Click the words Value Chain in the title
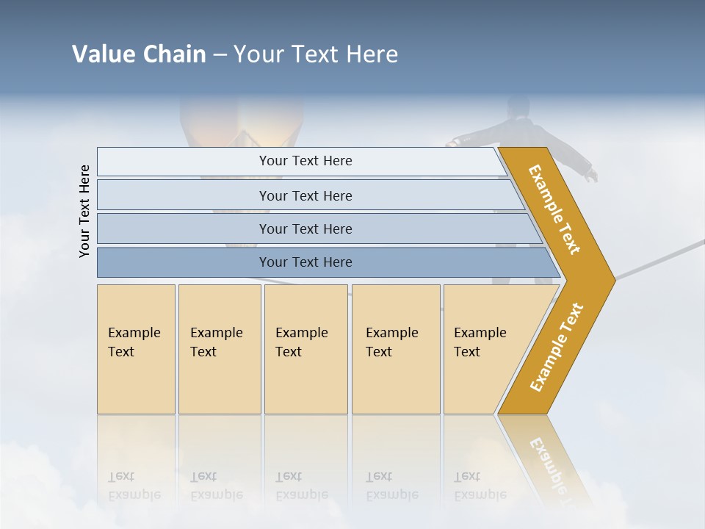point(139,54)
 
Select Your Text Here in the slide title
point(316,54)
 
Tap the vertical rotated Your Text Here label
point(85,211)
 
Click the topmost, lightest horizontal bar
point(305,161)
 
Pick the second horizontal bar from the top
point(305,195)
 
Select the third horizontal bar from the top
point(305,228)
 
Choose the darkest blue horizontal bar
point(305,262)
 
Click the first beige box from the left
point(136,349)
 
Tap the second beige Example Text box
point(219,349)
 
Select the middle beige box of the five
point(305,349)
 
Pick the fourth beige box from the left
point(396,349)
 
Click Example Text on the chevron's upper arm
point(554,209)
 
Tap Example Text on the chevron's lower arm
point(556,348)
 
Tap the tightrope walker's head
point(518,107)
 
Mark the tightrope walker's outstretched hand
point(592,176)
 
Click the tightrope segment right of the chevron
point(661,258)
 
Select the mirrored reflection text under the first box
point(134,486)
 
